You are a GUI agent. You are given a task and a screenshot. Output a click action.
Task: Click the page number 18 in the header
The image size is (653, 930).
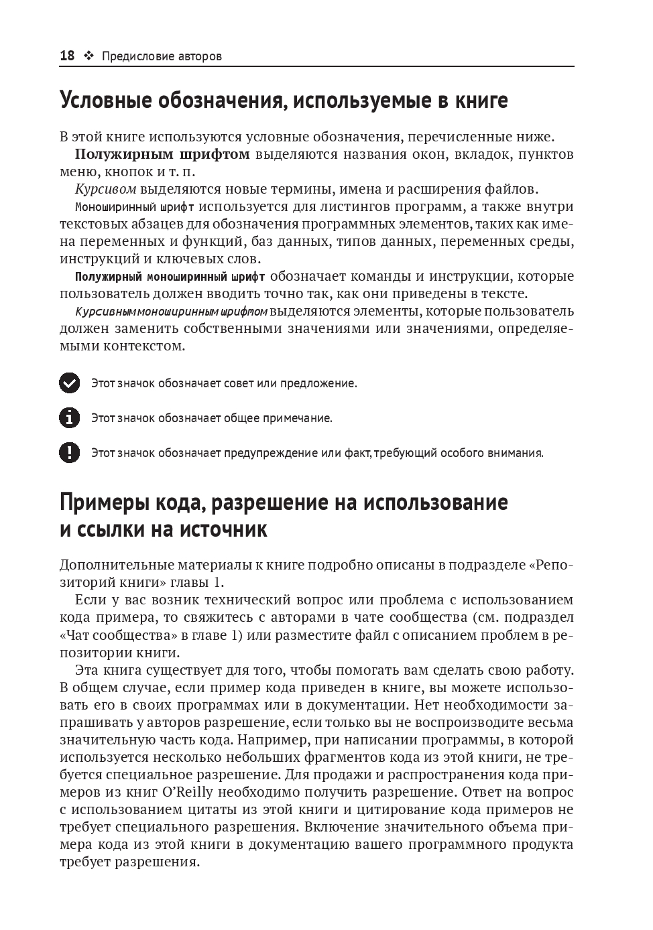[x=67, y=56]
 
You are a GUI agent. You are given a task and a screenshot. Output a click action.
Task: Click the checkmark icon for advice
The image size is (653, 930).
[x=69, y=383]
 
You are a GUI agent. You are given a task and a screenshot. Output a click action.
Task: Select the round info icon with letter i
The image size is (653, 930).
[x=69, y=418]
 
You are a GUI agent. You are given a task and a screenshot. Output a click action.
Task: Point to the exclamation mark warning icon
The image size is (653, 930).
[x=69, y=453]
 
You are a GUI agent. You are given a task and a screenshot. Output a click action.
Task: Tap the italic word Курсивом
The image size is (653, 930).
[x=106, y=189]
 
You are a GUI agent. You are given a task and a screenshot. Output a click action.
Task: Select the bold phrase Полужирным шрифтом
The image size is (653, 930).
[x=162, y=154]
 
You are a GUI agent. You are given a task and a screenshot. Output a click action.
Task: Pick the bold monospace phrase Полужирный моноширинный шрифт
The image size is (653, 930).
[x=170, y=276]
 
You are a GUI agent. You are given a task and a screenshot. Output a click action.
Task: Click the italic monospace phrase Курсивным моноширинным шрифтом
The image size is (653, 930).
[x=172, y=312]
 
